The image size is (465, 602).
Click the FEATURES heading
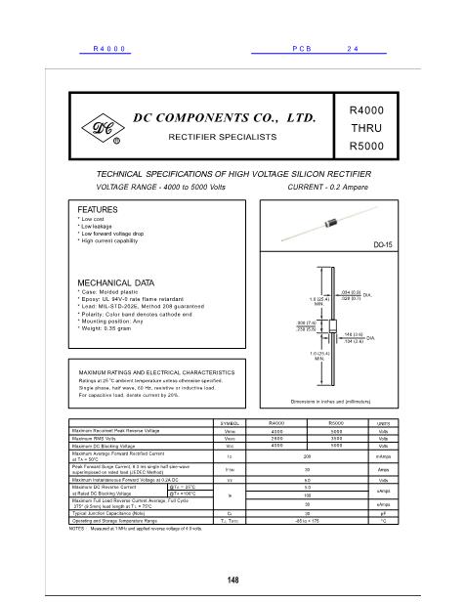(98, 210)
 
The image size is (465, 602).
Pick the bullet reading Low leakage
(103, 226)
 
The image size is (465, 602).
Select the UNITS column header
(383, 420)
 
